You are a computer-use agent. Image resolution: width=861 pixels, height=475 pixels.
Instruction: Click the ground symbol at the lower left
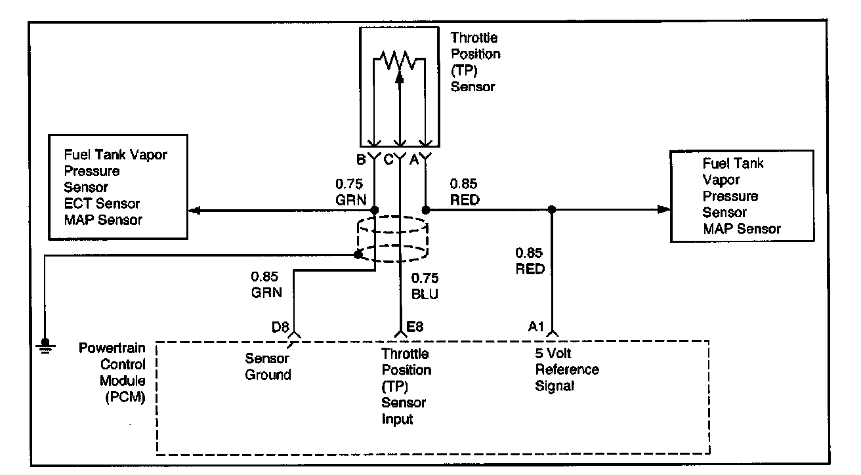pos(45,346)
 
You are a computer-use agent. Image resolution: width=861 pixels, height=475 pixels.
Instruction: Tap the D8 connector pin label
pos(280,327)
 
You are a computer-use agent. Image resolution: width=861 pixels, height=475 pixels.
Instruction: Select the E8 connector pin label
pos(415,327)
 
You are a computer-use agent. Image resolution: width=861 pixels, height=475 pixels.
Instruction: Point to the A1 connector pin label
pos(535,327)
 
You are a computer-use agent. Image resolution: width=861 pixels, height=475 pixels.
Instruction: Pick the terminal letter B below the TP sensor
pos(361,159)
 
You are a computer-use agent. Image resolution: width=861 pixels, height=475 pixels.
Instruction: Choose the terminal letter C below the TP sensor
pos(388,159)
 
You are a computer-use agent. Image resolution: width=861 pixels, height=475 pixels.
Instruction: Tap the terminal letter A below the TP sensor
pos(413,159)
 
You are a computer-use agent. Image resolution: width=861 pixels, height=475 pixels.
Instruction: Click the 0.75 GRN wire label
pos(350,192)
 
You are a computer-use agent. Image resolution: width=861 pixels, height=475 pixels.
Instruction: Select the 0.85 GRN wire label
pos(266,284)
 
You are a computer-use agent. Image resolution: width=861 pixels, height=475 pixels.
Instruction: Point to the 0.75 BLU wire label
pos(425,286)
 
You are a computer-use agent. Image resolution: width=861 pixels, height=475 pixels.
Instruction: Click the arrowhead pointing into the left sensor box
pos(194,211)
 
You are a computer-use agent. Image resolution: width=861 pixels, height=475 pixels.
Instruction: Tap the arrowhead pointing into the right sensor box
pos(663,209)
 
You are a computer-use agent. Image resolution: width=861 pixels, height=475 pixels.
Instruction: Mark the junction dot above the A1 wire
pos(551,209)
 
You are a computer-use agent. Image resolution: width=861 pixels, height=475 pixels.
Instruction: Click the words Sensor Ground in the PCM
pos(268,366)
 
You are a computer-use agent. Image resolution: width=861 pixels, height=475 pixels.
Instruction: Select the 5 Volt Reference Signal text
pos(567,369)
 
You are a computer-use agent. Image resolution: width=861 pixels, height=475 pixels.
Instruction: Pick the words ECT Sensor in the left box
pos(102,203)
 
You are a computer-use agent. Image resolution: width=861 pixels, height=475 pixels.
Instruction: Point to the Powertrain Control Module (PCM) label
pos(112,372)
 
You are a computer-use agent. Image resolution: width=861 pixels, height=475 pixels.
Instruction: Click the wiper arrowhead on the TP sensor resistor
pos(400,77)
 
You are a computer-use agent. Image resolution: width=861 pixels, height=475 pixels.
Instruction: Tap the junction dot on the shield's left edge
pos(358,254)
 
